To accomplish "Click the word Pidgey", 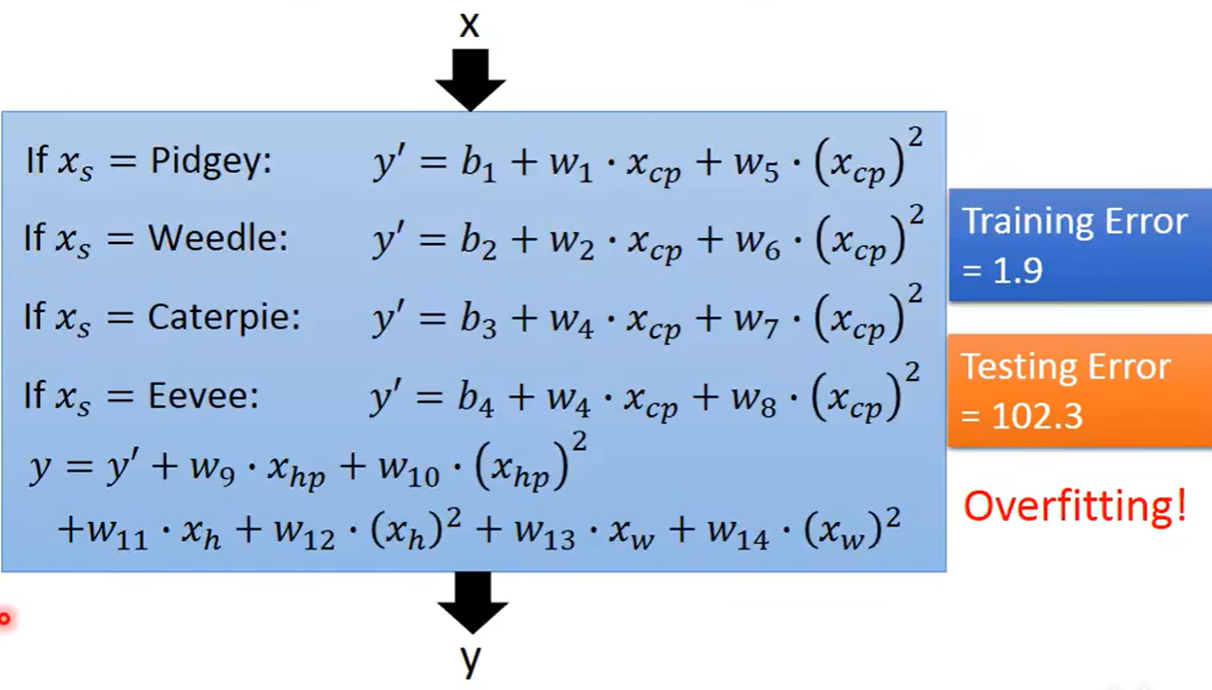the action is click(210, 160).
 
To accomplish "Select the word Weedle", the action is click(218, 238).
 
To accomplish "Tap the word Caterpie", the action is click(224, 317).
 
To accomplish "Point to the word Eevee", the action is click(203, 396).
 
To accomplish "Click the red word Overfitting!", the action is click(1075, 505).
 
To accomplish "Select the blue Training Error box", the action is click(1079, 245).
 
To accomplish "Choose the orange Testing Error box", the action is click(1079, 391).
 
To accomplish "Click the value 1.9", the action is click(1017, 270).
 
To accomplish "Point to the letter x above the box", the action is click(469, 25).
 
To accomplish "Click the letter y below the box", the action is click(471, 661).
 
